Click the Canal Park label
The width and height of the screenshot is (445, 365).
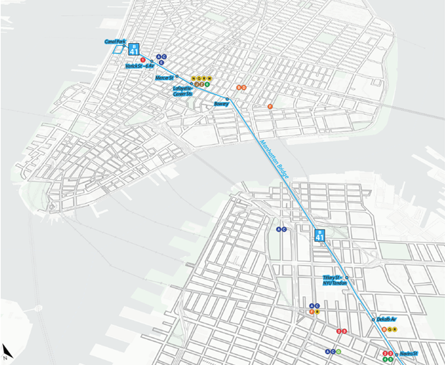[115, 42]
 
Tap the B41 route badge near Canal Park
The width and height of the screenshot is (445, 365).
[134, 49]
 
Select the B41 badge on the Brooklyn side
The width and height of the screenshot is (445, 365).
[320, 235]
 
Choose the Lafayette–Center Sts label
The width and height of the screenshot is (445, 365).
[183, 91]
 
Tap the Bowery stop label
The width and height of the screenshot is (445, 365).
[221, 103]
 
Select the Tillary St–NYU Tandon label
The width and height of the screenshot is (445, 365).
[334, 280]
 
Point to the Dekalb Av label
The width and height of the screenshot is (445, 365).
[384, 320]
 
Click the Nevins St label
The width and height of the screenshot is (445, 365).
[408, 354]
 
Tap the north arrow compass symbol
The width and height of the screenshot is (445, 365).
[6, 349]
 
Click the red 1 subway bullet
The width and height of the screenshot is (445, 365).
[143, 60]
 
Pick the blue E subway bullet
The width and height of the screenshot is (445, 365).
[162, 62]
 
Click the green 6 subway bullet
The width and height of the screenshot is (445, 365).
[206, 85]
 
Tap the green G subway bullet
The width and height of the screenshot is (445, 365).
[338, 351]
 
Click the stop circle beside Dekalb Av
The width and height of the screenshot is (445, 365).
[373, 320]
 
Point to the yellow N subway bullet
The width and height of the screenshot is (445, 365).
[193, 78]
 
